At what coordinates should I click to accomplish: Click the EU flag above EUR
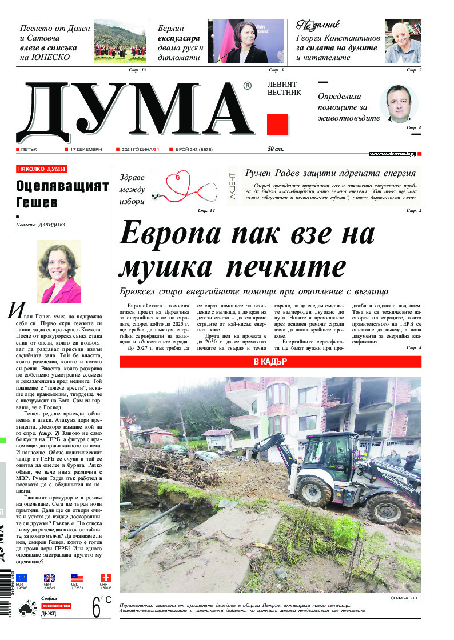click(22, 577)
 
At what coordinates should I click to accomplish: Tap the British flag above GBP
click(50, 577)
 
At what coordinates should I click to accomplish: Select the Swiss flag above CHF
click(106, 577)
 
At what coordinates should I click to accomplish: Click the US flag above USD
click(77, 577)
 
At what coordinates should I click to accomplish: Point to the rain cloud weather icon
click(26, 609)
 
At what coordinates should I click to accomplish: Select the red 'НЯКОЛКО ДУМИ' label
click(42, 169)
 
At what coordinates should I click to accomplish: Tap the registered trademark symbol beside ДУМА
click(246, 86)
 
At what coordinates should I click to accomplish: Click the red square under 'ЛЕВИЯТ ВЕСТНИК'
click(277, 124)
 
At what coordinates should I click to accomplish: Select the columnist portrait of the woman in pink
click(59, 271)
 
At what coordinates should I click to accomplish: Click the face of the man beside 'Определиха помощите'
click(398, 103)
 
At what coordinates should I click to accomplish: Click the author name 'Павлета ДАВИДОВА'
click(41, 225)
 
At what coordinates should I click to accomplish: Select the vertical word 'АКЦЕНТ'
click(232, 186)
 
